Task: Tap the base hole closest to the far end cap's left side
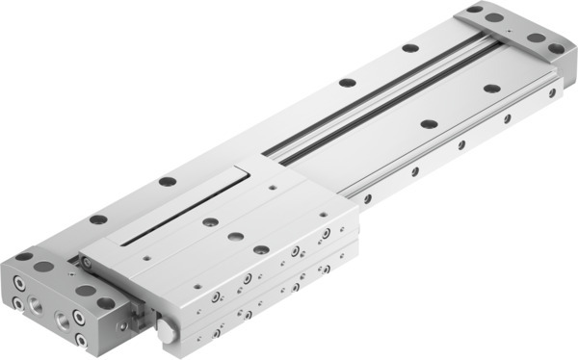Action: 409,47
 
